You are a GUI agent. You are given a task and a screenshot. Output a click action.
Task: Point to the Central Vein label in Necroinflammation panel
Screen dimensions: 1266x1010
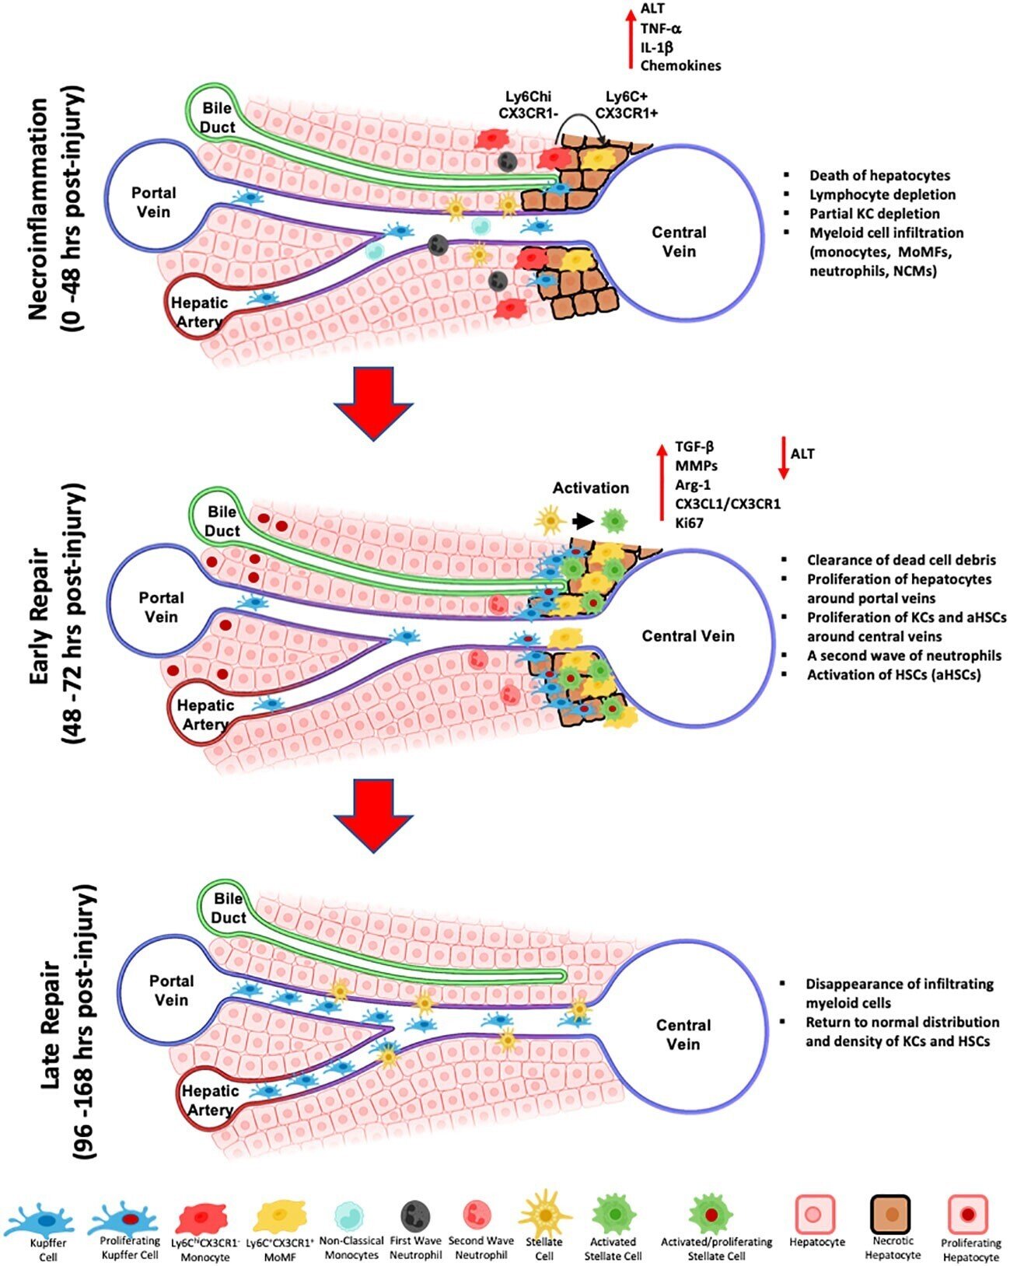click(x=679, y=241)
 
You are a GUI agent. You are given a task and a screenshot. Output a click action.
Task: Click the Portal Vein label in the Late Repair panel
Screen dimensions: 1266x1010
click(x=171, y=990)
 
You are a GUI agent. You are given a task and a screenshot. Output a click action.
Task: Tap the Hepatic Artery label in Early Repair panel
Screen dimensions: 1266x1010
click(x=205, y=715)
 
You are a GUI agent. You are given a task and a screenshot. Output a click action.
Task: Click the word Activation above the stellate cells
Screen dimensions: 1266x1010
click(x=590, y=488)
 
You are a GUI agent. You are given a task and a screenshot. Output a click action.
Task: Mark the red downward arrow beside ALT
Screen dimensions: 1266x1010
click(x=783, y=459)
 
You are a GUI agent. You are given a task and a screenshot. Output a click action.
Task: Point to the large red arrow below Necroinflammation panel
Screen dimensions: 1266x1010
click(x=373, y=403)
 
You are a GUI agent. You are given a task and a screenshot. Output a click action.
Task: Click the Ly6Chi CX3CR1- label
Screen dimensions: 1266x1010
click(x=526, y=104)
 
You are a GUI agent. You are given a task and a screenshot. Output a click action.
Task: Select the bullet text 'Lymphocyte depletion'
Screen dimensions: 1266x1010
click(x=882, y=194)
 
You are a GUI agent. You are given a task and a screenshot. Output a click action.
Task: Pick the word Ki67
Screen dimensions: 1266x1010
click(x=689, y=523)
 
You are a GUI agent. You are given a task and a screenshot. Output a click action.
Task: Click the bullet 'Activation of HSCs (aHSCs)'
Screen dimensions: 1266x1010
click(x=893, y=674)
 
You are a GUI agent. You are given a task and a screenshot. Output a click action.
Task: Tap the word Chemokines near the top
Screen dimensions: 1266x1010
click(x=680, y=65)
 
